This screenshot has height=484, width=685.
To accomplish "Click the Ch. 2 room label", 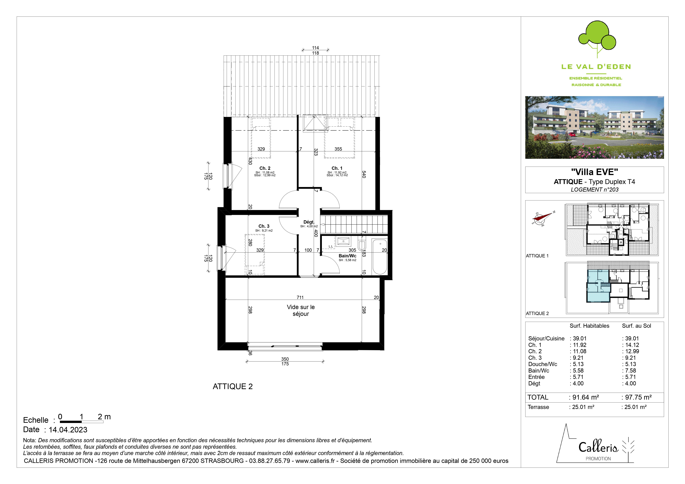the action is click(x=265, y=168).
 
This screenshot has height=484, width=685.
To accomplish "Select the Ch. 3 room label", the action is click(x=264, y=226).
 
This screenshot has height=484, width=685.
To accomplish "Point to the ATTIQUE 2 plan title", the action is click(x=233, y=386).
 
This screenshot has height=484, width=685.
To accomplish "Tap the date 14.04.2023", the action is click(x=68, y=430).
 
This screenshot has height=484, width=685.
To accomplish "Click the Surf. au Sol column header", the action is click(x=636, y=326).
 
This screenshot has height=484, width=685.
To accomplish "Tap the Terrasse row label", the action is click(x=538, y=407).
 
